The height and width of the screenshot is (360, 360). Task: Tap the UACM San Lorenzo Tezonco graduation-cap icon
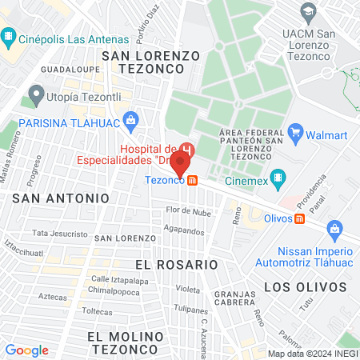307,11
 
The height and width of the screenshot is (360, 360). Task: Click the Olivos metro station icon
299,218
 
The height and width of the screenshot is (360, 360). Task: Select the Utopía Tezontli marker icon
35,95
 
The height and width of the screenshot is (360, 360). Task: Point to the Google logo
26,350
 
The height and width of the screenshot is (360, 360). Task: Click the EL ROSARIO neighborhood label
176,264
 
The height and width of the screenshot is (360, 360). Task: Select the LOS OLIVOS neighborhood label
298,286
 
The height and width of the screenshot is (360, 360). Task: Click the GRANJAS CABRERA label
232,298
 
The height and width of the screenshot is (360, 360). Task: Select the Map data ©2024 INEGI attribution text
310,353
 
